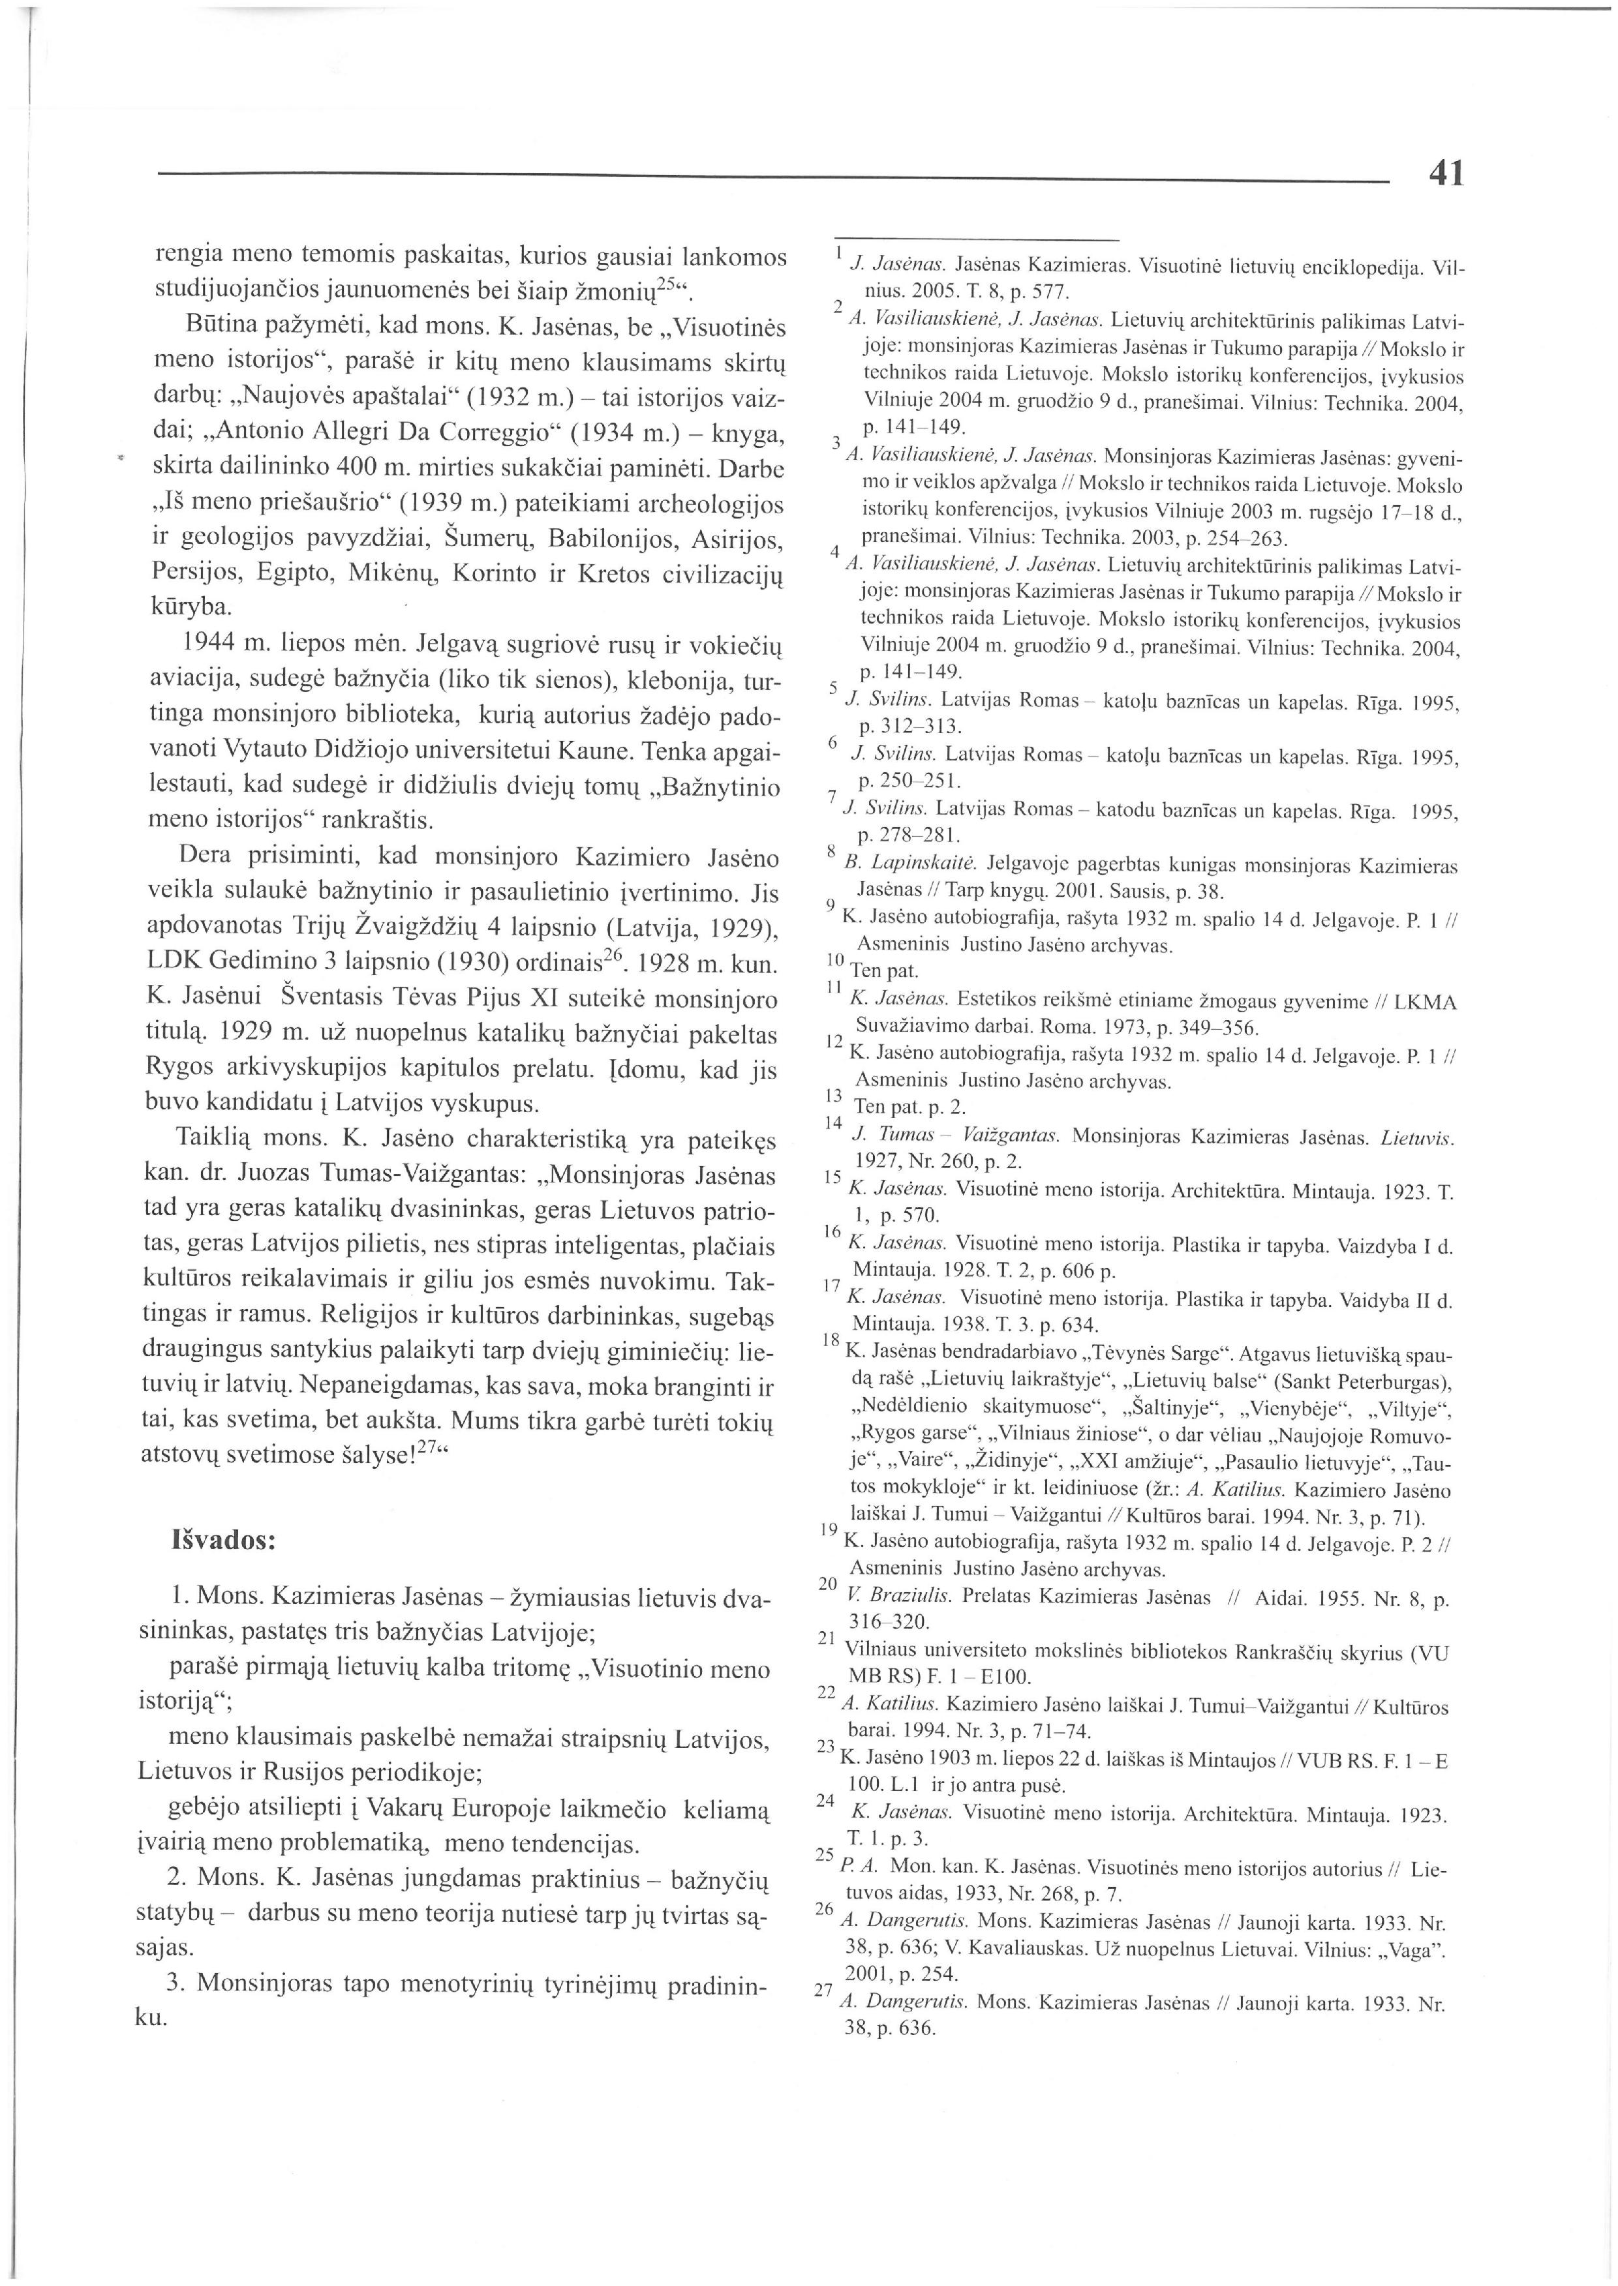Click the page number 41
tap(1446, 174)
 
